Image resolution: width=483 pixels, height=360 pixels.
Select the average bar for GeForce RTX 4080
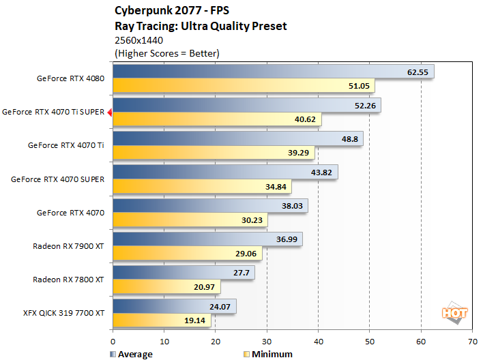coord(273,72)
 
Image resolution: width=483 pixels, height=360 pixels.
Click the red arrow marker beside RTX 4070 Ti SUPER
coord(109,112)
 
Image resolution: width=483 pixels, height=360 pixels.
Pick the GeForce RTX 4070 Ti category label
coord(66,145)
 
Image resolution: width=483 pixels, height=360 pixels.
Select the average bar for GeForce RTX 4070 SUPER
coord(224,172)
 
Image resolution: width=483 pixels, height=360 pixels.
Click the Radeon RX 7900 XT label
coord(68,245)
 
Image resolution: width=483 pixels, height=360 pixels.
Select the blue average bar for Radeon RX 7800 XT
coord(184,272)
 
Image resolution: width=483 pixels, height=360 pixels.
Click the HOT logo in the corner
coord(455,313)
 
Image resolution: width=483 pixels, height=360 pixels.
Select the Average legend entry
coord(131,354)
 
